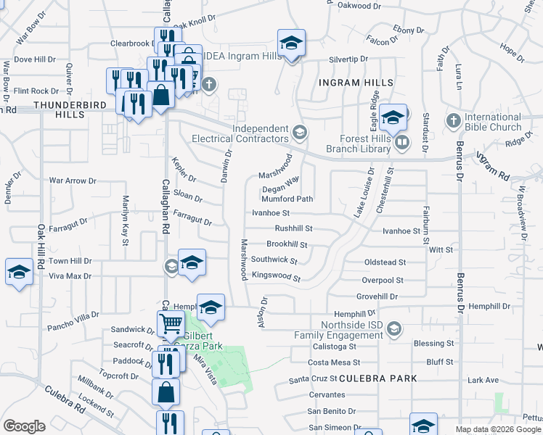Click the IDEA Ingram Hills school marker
point(291,44)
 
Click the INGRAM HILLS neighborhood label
point(356,83)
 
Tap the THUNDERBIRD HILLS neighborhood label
point(60,109)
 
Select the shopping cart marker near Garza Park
point(171,324)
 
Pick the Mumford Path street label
point(287,199)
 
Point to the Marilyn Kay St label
point(125,215)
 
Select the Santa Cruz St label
point(314,378)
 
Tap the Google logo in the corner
point(24,426)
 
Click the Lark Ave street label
point(483,380)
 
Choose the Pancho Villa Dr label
point(74,316)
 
